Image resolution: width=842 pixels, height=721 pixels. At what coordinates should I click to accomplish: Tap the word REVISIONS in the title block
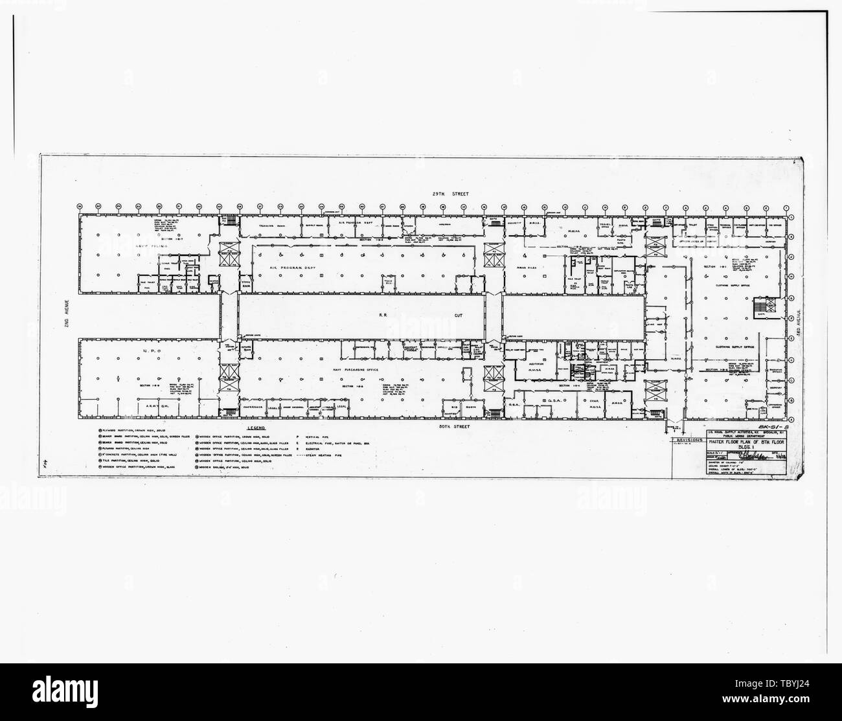tap(687, 439)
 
